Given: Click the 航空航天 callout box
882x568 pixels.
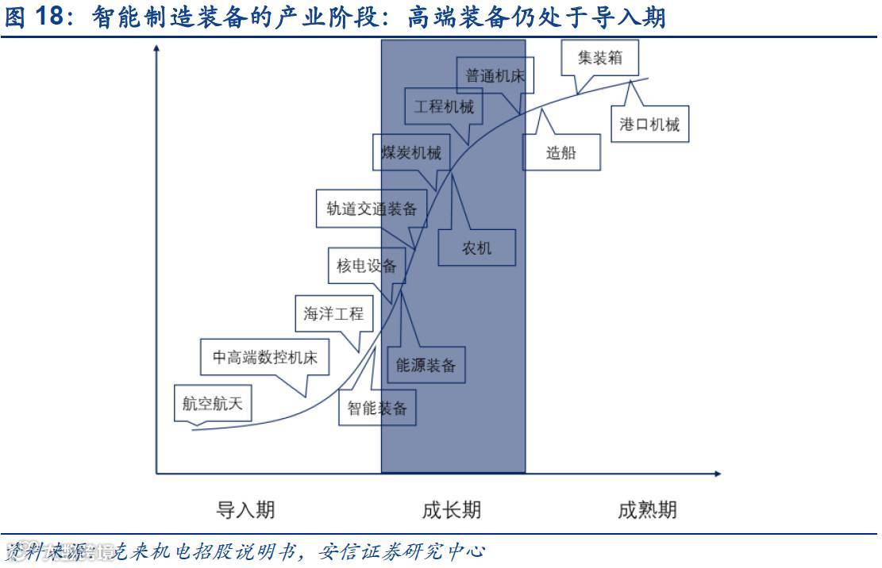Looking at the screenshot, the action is pyautogui.click(x=212, y=404).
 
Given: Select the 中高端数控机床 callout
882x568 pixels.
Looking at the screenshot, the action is pyautogui.click(x=264, y=358).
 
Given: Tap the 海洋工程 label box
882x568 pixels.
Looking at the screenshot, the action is pyautogui.click(x=333, y=314).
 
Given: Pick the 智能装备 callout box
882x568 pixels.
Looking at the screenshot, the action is pyautogui.click(x=377, y=408).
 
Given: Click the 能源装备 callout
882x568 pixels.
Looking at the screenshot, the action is pyautogui.click(x=426, y=365).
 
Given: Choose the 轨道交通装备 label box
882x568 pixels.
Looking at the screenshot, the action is pyautogui.click(x=371, y=209).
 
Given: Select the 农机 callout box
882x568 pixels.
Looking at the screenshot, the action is pyautogui.click(x=476, y=248).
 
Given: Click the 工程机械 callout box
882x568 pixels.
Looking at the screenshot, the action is pyautogui.click(x=443, y=106).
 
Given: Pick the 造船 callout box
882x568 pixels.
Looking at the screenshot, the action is pyautogui.click(x=560, y=153).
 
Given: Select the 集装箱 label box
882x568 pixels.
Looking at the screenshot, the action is pyautogui.click(x=599, y=58).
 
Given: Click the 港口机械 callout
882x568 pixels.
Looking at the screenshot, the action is pyautogui.click(x=649, y=125).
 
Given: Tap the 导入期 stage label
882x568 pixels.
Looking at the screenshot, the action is pyautogui.click(x=245, y=509).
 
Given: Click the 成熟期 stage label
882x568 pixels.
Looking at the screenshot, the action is pyautogui.click(x=647, y=509).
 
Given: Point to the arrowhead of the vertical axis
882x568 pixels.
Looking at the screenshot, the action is pyautogui.click(x=156, y=49).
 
